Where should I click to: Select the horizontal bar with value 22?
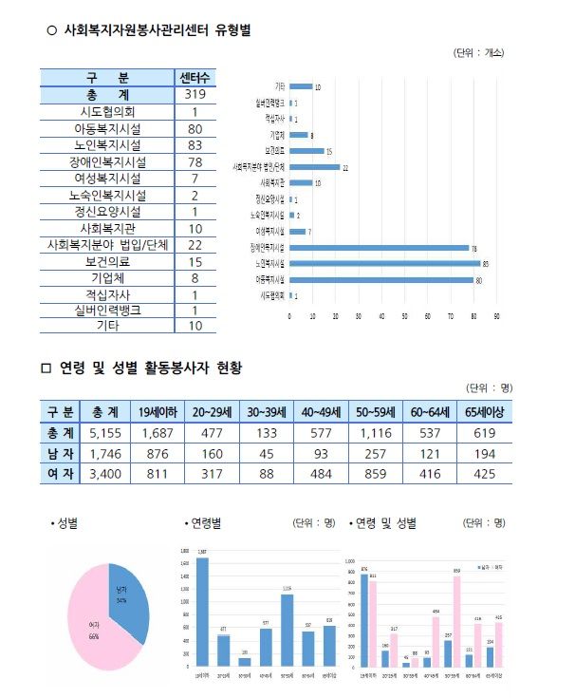point(313,166)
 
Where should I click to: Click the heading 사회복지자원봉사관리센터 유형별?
point(157,31)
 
